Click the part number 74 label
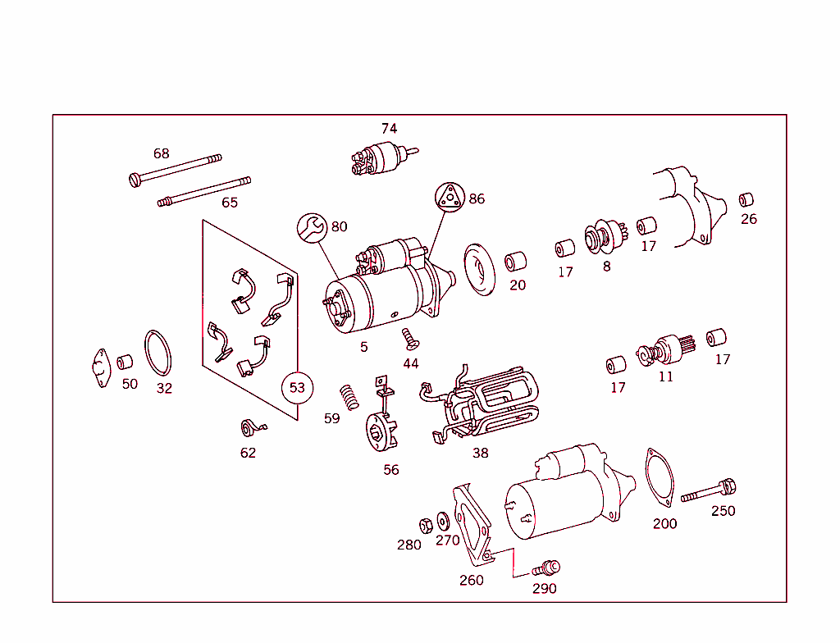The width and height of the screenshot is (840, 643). (389, 129)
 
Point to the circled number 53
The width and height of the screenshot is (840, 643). (297, 387)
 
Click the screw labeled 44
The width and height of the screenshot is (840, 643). (409, 337)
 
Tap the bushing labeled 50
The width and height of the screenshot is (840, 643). (125, 362)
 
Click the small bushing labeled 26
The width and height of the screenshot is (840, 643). (746, 200)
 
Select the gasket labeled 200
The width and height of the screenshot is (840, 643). (658, 478)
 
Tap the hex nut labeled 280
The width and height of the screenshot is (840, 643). (426, 525)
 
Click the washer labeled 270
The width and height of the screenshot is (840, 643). (443, 521)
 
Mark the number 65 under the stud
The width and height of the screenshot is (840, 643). (230, 203)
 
